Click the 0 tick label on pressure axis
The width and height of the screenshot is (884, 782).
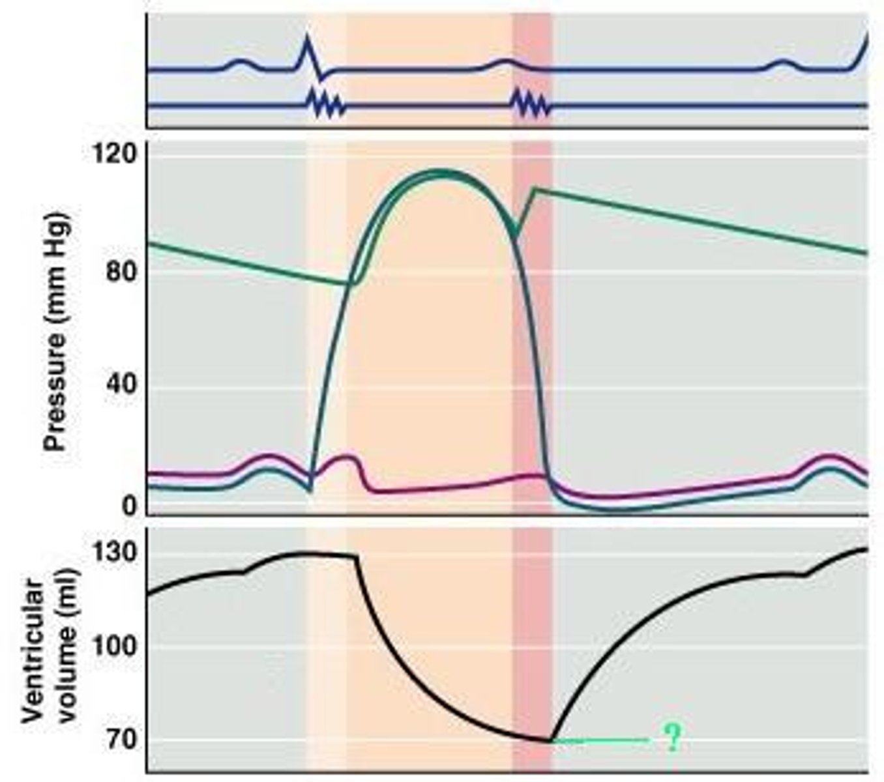(129, 506)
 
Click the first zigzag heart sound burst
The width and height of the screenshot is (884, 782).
(325, 105)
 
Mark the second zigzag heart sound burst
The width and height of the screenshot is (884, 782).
(531, 105)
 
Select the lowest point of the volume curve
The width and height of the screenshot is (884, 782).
(551, 740)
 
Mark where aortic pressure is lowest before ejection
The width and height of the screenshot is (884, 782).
(352, 283)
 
